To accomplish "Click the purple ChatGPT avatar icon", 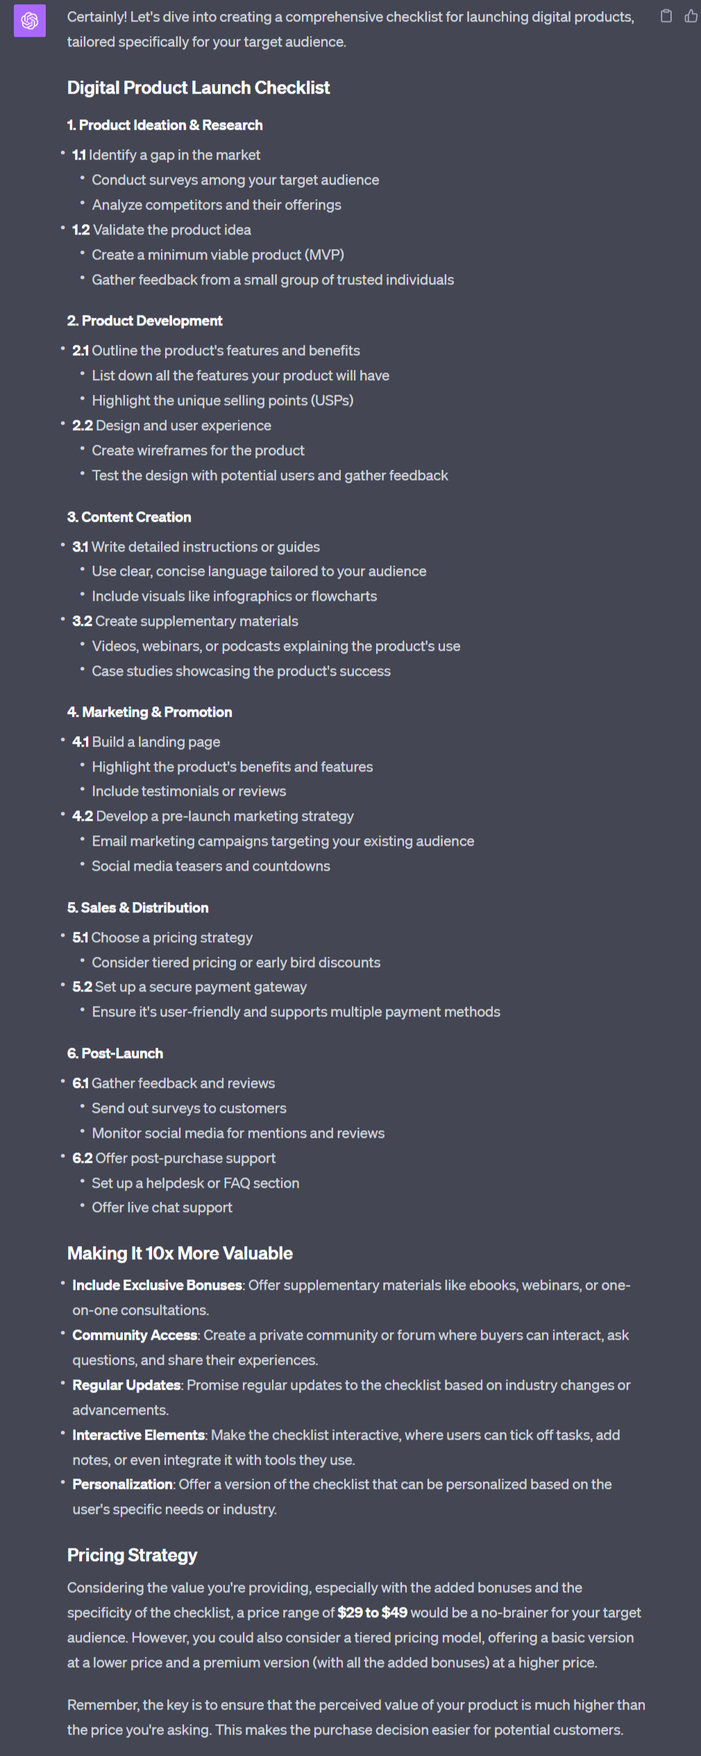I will tap(30, 21).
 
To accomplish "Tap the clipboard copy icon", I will tap(666, 16).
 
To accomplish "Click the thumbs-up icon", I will tap(691, 16).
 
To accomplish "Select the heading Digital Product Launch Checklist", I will tap(199, 88).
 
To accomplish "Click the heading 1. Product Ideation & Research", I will tap(165, 126).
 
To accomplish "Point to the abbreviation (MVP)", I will tap(323, 255).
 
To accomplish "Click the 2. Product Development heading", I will tap(145, 321).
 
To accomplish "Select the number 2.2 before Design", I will tap(83, 425).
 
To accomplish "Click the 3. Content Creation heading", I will tap(129, 517).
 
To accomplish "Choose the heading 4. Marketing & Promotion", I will tap(150, 712).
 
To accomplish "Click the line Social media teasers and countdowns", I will tap(211, 866).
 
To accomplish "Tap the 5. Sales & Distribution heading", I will tap(138, 907).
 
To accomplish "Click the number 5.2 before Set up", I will tap(82, 987).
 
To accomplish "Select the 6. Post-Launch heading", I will tap(115, 1053).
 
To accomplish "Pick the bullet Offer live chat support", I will tap(162, 1207).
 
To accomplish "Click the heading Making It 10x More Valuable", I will tap(180, 1253).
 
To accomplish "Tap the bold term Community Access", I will tap(135, 1335).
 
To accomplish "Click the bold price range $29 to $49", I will tap(373, 1612).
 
